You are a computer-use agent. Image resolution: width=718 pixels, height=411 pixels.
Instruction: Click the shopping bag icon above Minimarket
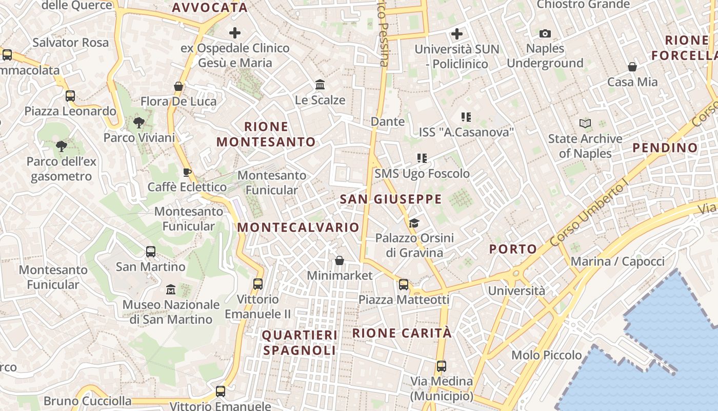pyautogui.click(x=340, y=261)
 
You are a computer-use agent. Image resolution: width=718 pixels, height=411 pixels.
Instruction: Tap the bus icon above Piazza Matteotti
pyautogui.click(x=404, y=285)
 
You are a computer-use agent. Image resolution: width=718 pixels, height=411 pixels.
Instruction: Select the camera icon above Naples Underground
pyautogui.click(x=545, y=34)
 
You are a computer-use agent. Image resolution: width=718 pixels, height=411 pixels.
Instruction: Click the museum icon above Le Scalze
pyautogui.click(x=320, y=85)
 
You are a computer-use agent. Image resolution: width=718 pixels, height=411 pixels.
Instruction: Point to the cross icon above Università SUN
pyautogui.click(x=456, y=34)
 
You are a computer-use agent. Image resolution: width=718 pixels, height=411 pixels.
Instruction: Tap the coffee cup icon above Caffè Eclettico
pyautogui.click(x=187, y=172)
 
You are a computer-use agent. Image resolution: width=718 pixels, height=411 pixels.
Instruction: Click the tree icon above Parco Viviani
pyautogui.click(x=138, y=123)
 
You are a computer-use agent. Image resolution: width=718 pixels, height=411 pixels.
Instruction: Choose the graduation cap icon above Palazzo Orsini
pyautogui.click(x=414, y=223)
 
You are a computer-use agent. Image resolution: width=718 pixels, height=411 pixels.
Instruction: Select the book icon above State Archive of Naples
pyautogui.click(x=585, y=124)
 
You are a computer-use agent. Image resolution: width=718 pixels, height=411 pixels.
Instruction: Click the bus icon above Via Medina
pyautogui.click(x=441, y=366)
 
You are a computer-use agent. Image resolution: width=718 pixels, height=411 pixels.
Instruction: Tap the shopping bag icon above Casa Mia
pyautogui.click(x=632, y=67)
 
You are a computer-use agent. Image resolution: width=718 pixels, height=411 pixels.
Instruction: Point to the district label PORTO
pyautogui.click(x=513, y=249)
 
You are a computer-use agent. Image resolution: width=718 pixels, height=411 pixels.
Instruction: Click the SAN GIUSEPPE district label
pyautogui.click(x=391, y=199)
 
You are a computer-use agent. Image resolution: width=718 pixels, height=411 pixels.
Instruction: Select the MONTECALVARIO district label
pyautogui.click(x=298, y=227)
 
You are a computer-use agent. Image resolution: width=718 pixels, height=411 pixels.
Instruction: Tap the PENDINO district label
pyautogui.click(x=665, y=148)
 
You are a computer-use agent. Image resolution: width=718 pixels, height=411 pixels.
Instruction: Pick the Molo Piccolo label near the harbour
pyautogui.click(x=547, y=355)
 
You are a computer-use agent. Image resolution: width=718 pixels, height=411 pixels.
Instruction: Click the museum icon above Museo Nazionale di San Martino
pyautogui.click(x=171, y=290)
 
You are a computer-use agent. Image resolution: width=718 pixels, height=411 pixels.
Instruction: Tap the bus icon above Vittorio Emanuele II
pyautogui.click(x=258, y=284)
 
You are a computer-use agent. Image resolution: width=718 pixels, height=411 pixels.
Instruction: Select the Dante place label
pyautogui.click(x=388, y=122)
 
